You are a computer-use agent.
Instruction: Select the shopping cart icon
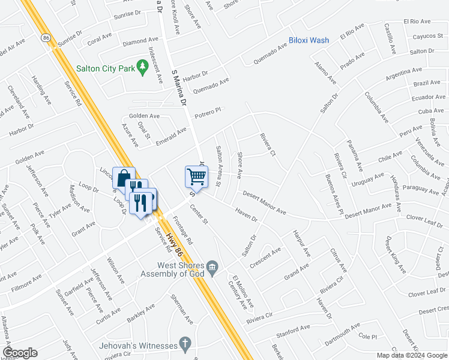(196, 176)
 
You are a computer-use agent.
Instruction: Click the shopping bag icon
(124, 178)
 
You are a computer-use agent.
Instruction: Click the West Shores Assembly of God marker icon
(212, 266)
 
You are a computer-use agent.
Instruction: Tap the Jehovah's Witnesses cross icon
(185, 345)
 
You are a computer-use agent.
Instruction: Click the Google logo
(20, 353)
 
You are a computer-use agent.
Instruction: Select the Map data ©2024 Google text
(412, 355)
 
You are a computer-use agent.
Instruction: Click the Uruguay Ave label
(367, 179)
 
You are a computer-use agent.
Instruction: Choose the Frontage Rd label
(182, 229)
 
